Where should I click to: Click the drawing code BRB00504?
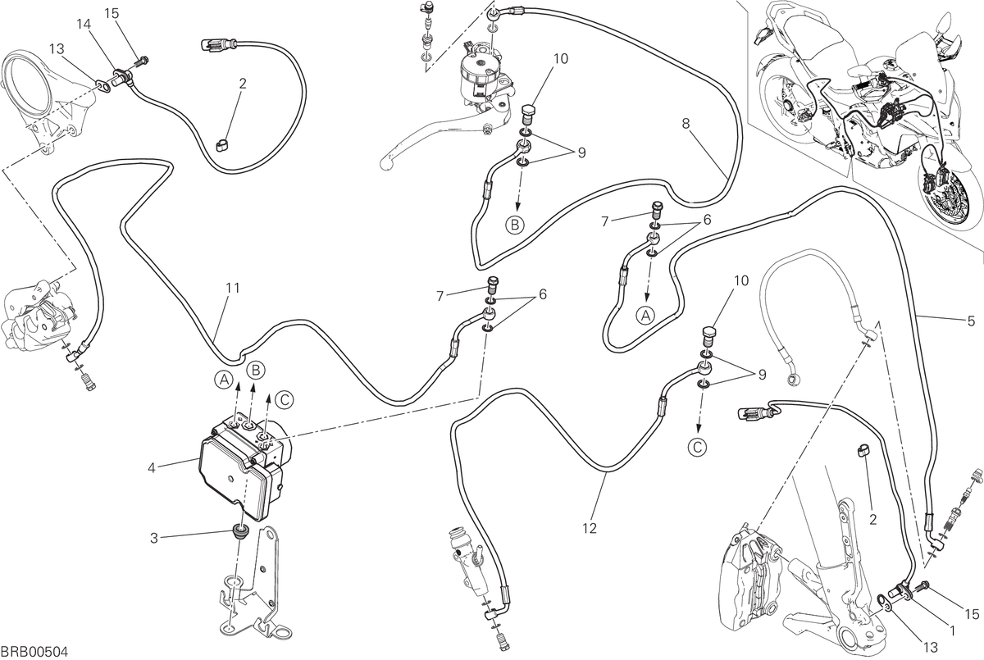point(34,651)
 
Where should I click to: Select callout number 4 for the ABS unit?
point(152,468)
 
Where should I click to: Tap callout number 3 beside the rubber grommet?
point(154,538)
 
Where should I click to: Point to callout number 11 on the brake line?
point(233,288)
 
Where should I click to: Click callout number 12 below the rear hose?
point(590,528)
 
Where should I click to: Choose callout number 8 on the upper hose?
point(686,124)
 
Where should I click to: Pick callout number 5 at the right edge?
point(971,321)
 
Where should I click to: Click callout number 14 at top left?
point(84,24)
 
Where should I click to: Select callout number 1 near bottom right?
point(952,631)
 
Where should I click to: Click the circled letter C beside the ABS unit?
point(284,399)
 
